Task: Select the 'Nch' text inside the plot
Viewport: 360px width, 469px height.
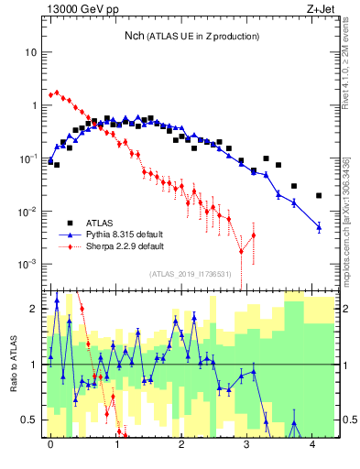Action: [134, 36]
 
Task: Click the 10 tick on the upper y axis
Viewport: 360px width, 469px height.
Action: [31, 52]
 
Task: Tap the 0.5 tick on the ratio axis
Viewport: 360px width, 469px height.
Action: [29, 420]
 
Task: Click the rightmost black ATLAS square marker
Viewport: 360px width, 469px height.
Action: [319, 195]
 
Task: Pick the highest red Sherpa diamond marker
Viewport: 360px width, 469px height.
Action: [57, 92]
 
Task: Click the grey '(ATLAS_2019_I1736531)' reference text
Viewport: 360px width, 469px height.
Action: [191, 274]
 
